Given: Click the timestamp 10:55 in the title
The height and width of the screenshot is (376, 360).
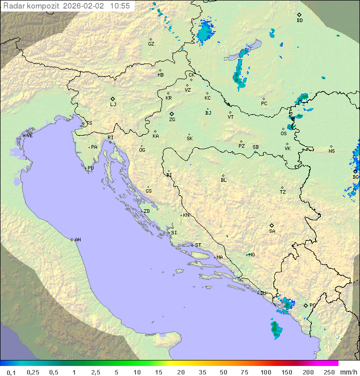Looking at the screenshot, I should point(120,6).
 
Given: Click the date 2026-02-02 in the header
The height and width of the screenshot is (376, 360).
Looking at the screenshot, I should point(85,6).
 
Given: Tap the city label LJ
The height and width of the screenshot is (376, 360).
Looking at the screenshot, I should point(113,105).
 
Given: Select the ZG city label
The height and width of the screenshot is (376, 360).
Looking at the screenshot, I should point(172,120).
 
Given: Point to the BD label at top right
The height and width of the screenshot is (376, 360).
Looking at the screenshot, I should point(299,21).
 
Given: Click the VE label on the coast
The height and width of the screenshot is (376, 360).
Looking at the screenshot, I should point(29,135).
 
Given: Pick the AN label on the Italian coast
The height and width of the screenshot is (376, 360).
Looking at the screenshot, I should point(77,240).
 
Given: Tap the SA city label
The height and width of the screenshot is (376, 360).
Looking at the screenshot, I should point(272,231).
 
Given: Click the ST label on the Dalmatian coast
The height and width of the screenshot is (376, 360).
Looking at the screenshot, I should point(198,245).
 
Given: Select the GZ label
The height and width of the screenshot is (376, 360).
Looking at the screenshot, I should point(151,44).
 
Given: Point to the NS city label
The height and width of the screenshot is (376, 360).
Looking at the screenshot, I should point(331,151).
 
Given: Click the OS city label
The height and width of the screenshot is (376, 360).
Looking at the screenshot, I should point(283,134).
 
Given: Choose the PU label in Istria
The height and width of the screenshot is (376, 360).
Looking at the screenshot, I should point(90,168).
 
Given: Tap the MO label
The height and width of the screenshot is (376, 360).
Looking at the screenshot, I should point(251,254).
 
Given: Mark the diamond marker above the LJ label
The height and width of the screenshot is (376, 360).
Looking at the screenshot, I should point(113,99).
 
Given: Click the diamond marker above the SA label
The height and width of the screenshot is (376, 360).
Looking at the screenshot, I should point(272,225).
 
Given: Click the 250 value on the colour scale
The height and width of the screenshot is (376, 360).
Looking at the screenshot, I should point(329,372).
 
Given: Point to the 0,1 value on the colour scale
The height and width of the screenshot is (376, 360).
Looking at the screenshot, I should point(11,372).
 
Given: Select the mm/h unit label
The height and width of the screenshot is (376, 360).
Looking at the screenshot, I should point(348,372).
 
